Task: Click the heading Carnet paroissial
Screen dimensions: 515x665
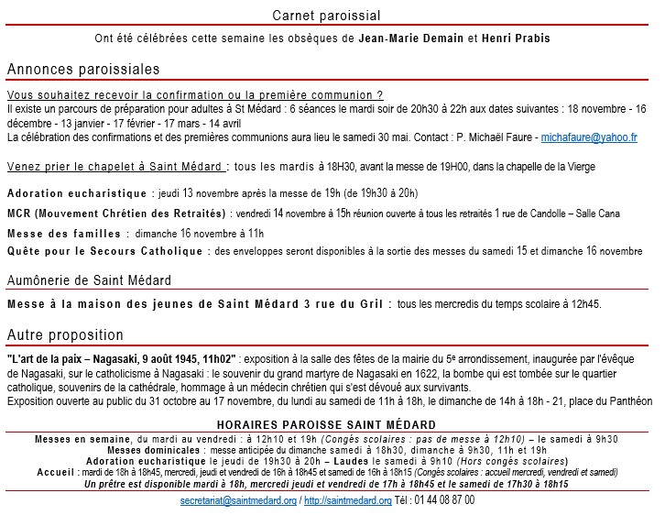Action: [x=327, y=16]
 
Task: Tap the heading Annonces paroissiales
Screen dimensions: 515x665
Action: [x=83, y=70]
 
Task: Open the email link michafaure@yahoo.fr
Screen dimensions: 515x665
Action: [x=589, y=137]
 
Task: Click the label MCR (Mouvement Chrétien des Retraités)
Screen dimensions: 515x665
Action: [x=116, y=214]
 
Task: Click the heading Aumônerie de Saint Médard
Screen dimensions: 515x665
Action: [x=89, y=280]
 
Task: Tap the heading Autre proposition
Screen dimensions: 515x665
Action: [x=65, y=335]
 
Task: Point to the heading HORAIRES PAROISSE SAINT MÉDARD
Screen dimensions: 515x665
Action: [x=326, y=426]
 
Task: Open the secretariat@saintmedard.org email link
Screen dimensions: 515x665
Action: [x=238, y=501]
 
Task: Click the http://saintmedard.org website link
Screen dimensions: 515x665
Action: [x=348, y=501]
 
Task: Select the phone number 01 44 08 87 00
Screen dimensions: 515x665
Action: [x=442, y=501]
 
